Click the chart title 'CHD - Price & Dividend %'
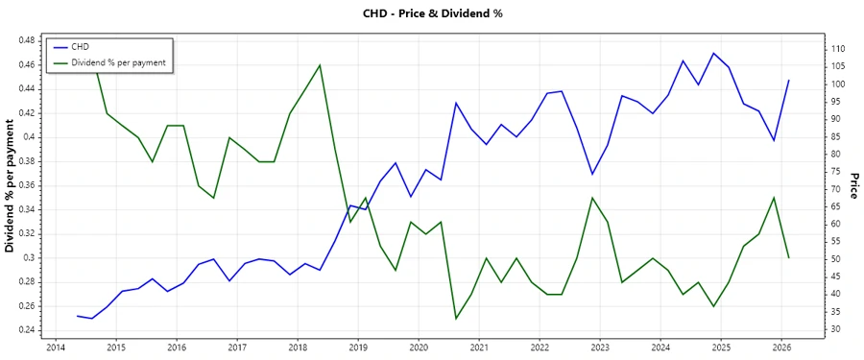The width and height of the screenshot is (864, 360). point(432,13)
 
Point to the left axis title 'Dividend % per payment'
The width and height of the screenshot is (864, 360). point(11,186)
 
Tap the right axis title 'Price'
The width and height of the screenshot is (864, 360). point(852,186)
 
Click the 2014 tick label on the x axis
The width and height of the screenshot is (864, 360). point(55,348)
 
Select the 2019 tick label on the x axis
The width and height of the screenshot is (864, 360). point(357,348)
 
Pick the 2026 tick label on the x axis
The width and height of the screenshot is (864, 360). point(781,348)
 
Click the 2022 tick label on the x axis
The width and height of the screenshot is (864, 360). point(540,348)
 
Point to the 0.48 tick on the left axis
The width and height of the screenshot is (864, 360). point(26,40)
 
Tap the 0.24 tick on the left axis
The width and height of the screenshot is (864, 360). point(26,330)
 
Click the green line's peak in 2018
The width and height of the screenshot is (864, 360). point(320,65)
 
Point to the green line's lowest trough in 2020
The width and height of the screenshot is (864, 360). point(456,319)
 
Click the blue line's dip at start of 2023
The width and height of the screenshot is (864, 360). point(592,174)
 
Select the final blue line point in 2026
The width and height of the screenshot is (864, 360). point(789,81)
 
